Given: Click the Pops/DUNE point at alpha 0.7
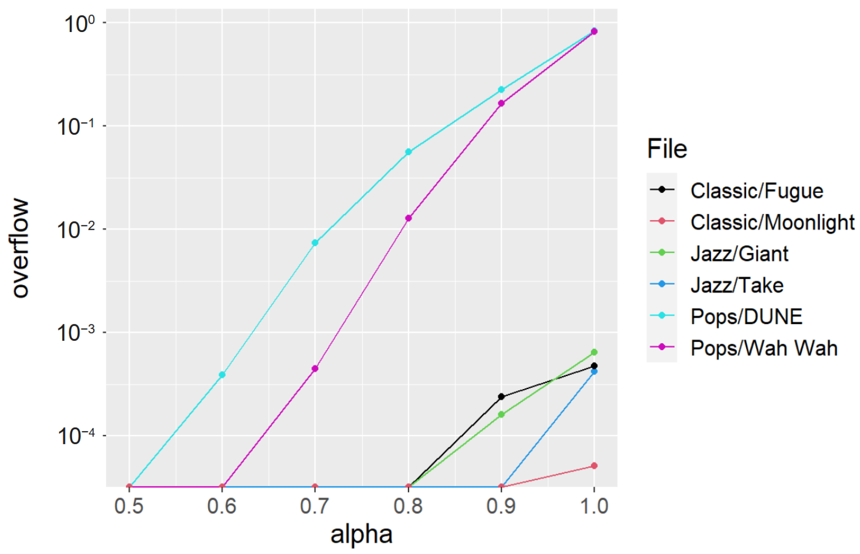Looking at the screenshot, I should pyautogui.click(x=315, y=243).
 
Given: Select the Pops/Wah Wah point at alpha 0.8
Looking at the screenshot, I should pyautogui.click(x=408, y=218).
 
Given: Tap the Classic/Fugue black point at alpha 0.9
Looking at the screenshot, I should pyautogui.click(x=501, y=396).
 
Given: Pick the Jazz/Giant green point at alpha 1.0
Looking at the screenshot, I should pyautogui.click(x=594, y=352).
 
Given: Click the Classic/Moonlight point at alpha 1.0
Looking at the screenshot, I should pyautogui.click(x=594, y=466).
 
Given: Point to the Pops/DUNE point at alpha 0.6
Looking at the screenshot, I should pyautogui.click(x=222, y=375).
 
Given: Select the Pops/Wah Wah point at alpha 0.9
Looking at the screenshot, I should pyautogui.click(x=501, y=103).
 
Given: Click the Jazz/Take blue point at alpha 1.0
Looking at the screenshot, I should pyautogui.click(x=594, y=371).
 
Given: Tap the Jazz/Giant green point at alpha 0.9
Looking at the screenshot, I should pyautogui.click(x=501, y=414).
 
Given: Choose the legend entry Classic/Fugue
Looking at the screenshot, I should pyautogui.click(x=756, y=191).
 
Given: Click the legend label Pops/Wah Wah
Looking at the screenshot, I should pyautogui.click(x=764, y=348).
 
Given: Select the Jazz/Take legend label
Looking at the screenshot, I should pyautogui.click(x=736, y=285).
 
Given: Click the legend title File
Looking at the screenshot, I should pyautogui.click(x=667, y=149).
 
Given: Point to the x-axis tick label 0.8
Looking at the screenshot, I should pyautogui.click(x=408, y=506).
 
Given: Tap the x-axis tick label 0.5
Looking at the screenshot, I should pyautogui.click(x=129, y=506).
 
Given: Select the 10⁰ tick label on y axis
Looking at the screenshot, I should pyautogui.click(x=79, y=24).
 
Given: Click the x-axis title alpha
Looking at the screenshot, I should pyautogui.click(x=361, y=535).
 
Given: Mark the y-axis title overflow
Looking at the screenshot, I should pyautogui.click(x=20, y=248).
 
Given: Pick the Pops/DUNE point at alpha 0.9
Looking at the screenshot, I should pyautogui.click(x=501, y=90).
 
